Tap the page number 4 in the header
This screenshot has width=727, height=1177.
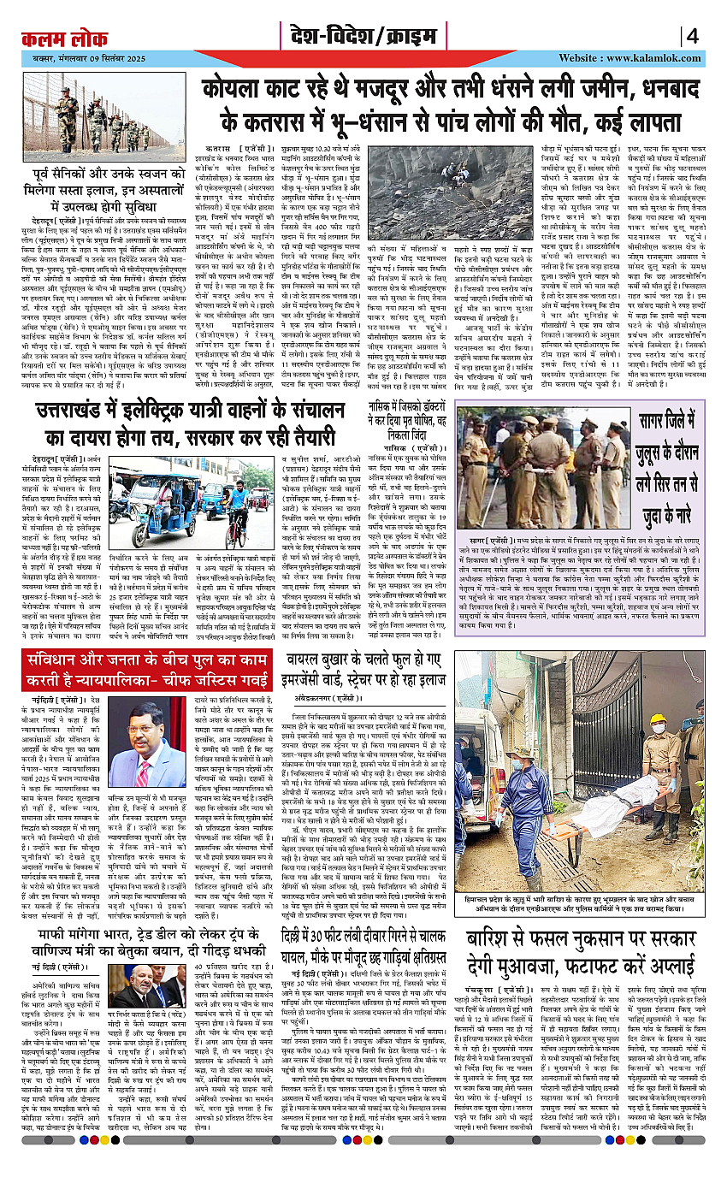(x=692, y=36)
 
